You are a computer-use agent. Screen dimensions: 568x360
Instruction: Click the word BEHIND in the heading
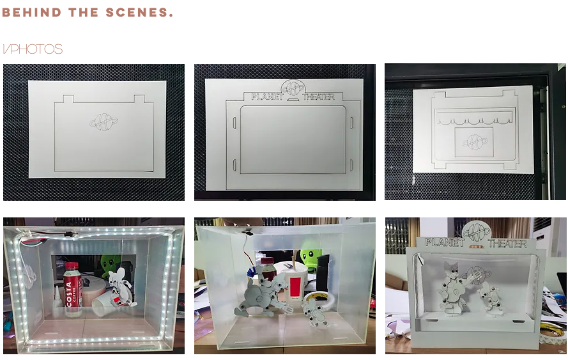32,12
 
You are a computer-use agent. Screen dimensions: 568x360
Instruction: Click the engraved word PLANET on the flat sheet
267,97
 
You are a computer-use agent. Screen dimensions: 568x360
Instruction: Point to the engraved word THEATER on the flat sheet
319,97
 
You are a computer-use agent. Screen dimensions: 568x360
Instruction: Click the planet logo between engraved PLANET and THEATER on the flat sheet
293,88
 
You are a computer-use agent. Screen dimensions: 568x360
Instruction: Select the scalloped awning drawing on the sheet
475,118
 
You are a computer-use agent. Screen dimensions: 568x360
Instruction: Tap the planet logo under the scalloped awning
474,142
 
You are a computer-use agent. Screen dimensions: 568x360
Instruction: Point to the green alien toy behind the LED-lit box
109,264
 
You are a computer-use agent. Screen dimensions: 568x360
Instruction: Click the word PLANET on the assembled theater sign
445,242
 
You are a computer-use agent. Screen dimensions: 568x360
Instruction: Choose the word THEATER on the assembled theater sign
507,243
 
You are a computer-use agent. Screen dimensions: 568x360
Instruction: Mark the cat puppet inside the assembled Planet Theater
453,288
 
